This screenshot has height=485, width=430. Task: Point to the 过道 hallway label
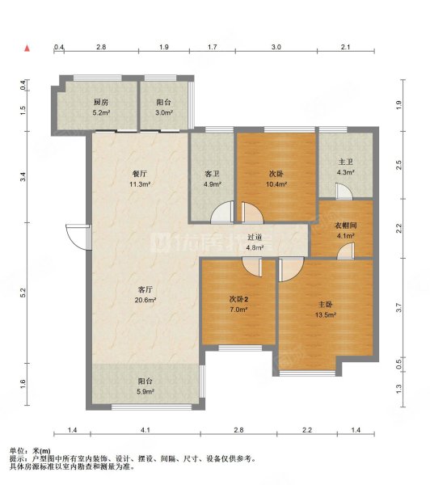pos(255,242)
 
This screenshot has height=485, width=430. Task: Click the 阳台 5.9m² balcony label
pos(145,383)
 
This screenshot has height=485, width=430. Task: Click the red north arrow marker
pos(28,49)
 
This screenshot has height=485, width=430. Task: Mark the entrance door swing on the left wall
pos(78,236)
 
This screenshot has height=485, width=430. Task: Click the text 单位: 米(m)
pos(29,450)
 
